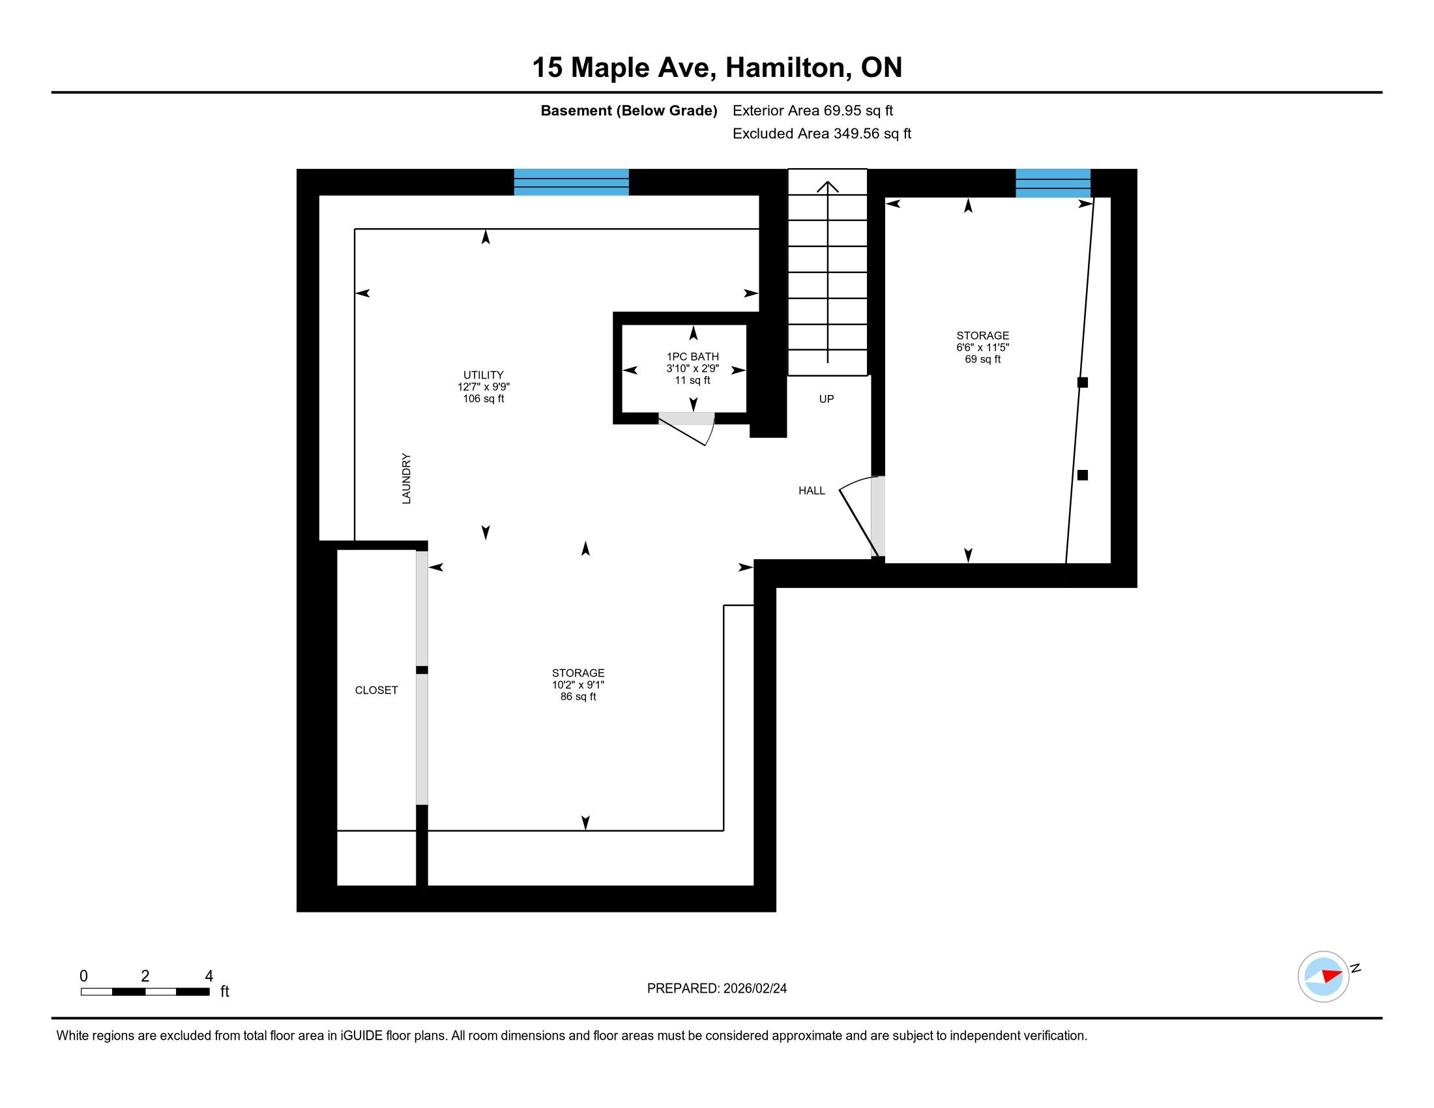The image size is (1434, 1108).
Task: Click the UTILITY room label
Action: (483, 375)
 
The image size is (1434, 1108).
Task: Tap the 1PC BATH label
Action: (693, 357)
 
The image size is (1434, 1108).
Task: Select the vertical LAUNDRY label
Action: (407, 478)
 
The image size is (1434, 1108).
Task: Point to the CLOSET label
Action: (376, 690)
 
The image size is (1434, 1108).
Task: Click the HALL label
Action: (812, 491)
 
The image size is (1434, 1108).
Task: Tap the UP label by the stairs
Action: (826, 399)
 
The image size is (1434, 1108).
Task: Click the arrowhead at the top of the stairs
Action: (827, 187)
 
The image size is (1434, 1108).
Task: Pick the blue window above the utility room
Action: (571, 182)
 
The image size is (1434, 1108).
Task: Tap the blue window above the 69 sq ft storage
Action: (1053, 183)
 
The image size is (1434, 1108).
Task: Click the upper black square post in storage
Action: (1083, 382)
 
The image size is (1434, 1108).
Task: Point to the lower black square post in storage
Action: (1083, 475)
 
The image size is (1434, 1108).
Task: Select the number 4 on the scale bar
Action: (209, 976)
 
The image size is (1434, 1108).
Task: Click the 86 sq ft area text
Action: (578, 697)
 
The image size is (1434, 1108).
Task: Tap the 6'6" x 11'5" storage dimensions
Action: (982, 348)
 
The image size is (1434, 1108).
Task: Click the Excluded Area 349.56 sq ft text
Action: (822, 134)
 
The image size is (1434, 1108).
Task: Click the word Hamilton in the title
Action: (785, 68)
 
